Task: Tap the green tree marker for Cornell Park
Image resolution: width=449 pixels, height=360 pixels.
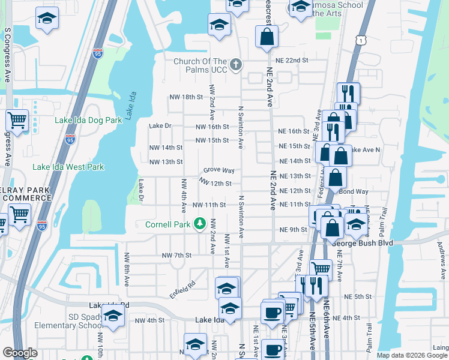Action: click(200, 225)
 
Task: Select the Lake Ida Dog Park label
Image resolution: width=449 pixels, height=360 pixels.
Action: click(88, 120)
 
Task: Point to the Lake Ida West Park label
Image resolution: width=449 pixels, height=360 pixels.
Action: click(68, 167)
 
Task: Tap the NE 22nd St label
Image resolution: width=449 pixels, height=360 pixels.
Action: click(292, 61)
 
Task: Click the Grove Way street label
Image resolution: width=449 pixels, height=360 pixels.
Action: click(218, 170)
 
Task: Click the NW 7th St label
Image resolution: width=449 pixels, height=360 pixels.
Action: click(176, 255)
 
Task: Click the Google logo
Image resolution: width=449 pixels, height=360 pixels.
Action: click(20, 353)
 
